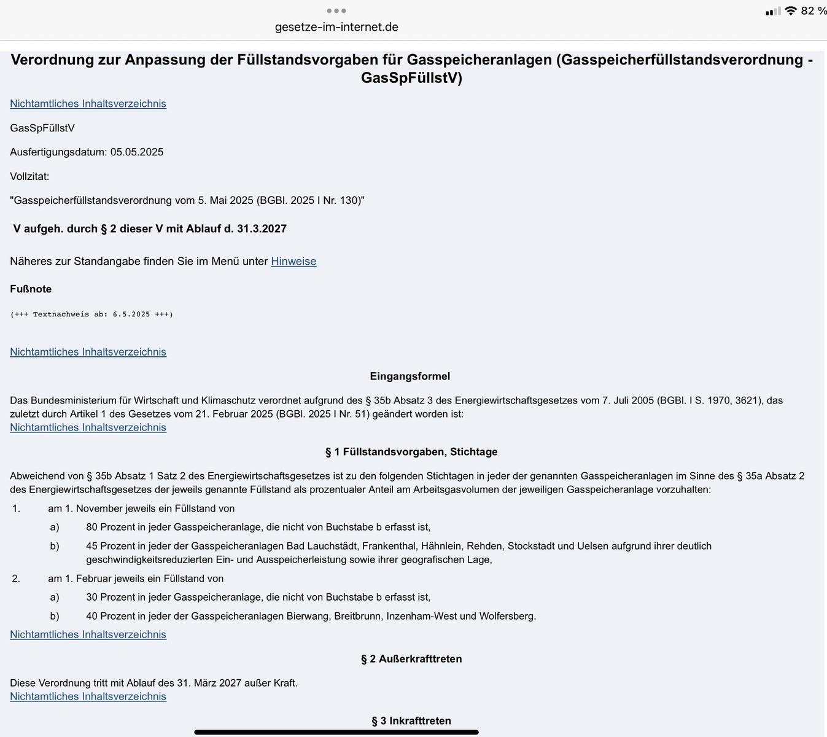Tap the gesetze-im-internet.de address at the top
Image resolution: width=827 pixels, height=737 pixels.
pyautogui.click(x=336, y=27)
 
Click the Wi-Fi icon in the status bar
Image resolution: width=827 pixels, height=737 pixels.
pyautogui.click(x=791, y=11)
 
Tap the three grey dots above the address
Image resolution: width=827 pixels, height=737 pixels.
pyautogui.click(x=336, y=10)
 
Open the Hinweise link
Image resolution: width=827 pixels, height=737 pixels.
pyautogui.click(x=293, y=261)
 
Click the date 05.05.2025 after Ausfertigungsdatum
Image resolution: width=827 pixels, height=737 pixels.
pyautogui.click(x=137, y=152)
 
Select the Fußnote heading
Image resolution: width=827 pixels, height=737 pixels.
pyautogui.click(x=31, y=289)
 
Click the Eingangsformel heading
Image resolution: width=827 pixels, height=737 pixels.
pyautogui.click(x=410, y=376)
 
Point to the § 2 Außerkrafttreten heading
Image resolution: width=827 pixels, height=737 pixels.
pyautogui.click(x=411, y=659)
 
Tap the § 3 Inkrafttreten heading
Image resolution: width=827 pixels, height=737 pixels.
pyautogui.click(x=411, y=721)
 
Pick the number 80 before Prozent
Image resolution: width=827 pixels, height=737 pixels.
pyautogui.click(x=92, y=527)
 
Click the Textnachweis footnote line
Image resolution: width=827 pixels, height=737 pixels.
pyautogui.click(x=91, y=314)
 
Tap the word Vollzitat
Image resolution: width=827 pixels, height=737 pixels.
pyautogui.click(x=29, y=176)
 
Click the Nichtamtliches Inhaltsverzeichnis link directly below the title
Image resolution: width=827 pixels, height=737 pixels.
pyautogui.click(x=88, y=104)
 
